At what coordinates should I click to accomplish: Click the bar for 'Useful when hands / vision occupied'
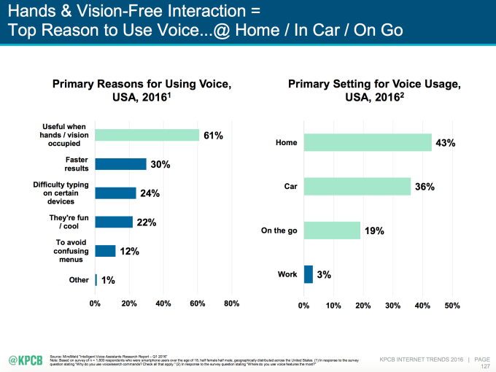147,135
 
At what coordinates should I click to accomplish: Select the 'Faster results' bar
120,164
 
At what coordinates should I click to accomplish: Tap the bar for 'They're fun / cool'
114,222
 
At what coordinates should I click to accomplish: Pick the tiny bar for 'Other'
96,279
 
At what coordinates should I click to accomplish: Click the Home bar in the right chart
368,142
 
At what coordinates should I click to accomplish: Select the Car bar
357,186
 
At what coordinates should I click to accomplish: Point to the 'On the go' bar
332,230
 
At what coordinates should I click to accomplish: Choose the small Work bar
309,274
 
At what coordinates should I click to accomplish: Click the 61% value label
213,135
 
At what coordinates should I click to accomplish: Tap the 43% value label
445,143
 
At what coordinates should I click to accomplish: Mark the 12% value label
129,251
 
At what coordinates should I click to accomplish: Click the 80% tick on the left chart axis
231,303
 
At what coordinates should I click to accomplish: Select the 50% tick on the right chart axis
452,305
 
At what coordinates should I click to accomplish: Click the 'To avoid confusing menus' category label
71,250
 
